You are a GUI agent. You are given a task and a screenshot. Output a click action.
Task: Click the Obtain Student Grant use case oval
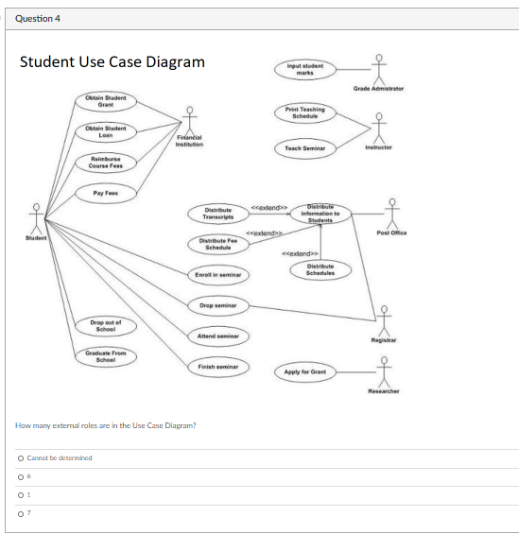coord(106,101)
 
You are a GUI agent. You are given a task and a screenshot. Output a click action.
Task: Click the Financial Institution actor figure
coord(189,121)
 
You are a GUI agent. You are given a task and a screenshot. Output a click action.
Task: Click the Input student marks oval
coord(304,68)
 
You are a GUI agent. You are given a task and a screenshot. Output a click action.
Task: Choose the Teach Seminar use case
coord(304,148)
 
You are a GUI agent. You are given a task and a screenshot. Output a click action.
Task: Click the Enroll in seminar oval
coord(218,274)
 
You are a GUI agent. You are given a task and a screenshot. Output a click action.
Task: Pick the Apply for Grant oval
coord(304,372)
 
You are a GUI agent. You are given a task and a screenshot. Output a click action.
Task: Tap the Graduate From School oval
coord(105,356)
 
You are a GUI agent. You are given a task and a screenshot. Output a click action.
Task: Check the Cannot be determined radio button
coord(20,457)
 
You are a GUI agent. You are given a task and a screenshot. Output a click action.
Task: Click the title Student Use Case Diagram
coord(112,62)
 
